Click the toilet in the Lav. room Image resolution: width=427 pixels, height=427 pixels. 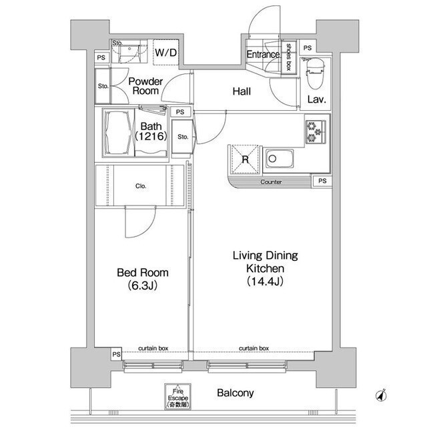tap(315, 73)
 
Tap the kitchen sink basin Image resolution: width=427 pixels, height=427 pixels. tap(280, 159)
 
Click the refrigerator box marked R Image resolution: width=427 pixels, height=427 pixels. tap(245, 159)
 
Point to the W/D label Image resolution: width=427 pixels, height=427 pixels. tap(166, 52)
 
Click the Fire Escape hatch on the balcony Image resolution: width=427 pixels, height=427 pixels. tap(177, 397)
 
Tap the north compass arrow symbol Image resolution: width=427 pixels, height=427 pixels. tap(381, 395)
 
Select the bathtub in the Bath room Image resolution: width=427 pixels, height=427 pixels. tap(118, 133)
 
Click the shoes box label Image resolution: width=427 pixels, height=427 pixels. tap(288, 57)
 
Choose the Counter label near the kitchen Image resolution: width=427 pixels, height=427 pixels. tap(271, 182)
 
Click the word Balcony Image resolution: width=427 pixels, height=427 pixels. tap(236, 393)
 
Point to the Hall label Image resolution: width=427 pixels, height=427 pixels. tap(242, 91)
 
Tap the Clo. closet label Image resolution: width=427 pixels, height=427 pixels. tap(141, 186)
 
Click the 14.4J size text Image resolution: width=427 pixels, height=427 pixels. tap(265, 282)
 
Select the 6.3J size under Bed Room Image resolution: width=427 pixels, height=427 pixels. tap(142, 286)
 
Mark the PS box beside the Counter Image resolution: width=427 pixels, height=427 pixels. tap(322, 181)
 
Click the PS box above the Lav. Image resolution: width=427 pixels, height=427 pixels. tap(308, 48)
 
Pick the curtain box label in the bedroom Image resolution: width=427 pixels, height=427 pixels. tap(153, 348)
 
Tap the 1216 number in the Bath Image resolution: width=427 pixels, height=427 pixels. tap(151, 136)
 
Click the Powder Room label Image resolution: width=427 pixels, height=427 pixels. tap(145, 86)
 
